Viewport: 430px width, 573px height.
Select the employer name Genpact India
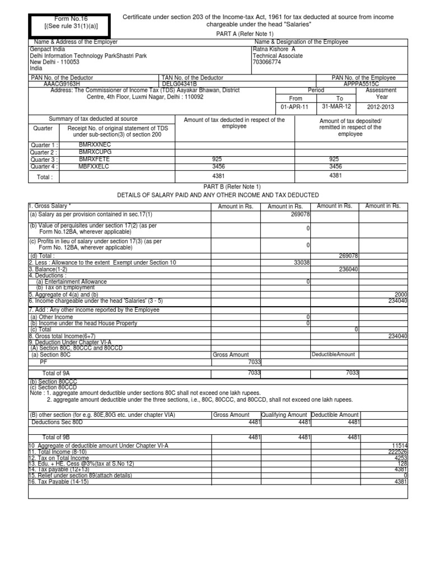pos(48,49)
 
